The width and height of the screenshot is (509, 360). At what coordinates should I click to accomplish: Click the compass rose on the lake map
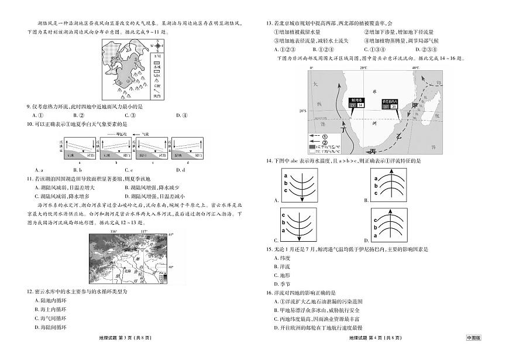(x=156, y=45)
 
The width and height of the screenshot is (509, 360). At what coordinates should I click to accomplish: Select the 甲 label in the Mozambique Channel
(x=416, y=105)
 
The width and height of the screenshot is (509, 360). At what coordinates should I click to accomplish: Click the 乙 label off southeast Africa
(x=399, y=135)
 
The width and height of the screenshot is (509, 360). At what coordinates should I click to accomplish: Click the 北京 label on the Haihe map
(x=124, y=271)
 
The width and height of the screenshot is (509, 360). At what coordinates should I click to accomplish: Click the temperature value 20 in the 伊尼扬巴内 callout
(x=394, y=107)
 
